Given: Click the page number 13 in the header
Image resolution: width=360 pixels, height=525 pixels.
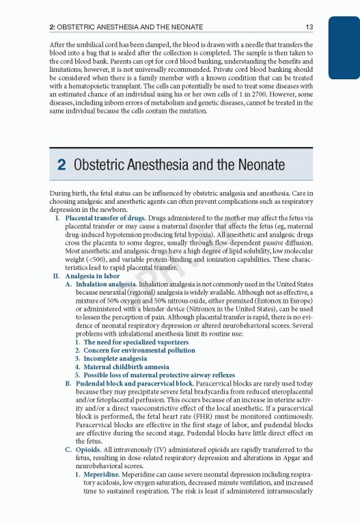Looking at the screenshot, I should [309, 27].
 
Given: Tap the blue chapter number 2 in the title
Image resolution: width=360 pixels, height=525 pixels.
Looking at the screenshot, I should [61, 165].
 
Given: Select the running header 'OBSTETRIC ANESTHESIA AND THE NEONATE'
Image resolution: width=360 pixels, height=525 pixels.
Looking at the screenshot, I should [133, 27].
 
